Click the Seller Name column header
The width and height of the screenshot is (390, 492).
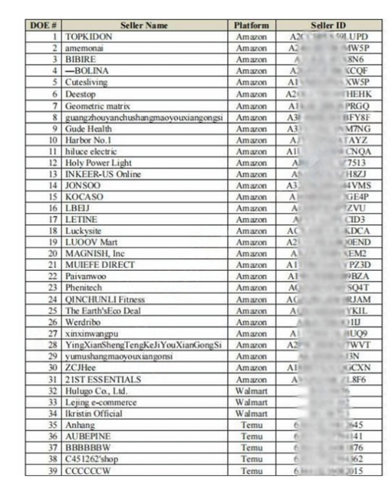click(144, 25)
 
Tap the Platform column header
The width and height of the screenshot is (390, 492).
click(252, 25)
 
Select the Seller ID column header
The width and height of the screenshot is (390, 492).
click(328, 25)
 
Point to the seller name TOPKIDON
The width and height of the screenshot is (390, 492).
click(89, 36)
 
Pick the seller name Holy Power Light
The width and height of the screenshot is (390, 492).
click(98, 162)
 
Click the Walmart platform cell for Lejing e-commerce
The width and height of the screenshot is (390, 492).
click(252, 402)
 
